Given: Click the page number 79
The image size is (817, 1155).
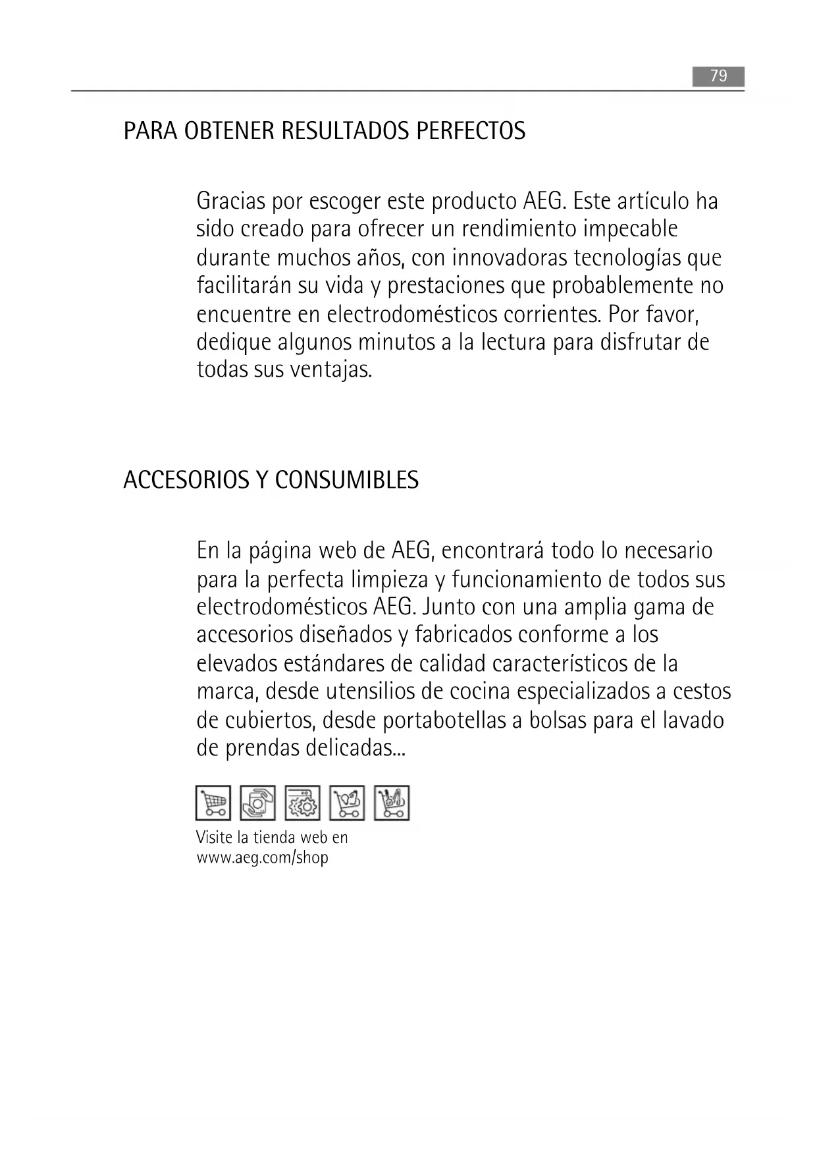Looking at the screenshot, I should [718, 76].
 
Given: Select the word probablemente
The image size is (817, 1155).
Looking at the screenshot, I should [623, 286].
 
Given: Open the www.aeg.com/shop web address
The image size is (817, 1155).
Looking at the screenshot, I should [262, 857].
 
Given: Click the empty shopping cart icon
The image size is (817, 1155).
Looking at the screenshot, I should [213, 803].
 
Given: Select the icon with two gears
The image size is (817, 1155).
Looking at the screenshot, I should [303, 803].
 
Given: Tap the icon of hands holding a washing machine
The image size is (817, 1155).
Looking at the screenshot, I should [258, 803].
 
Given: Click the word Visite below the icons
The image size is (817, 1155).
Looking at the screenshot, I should [215, 838].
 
